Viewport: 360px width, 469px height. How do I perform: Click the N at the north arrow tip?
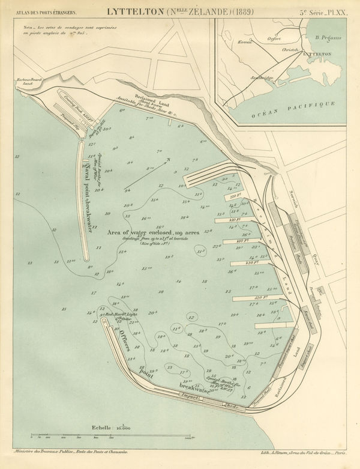(x=170, y=159)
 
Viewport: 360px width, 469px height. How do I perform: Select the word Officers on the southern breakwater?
(x=124, y=340)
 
